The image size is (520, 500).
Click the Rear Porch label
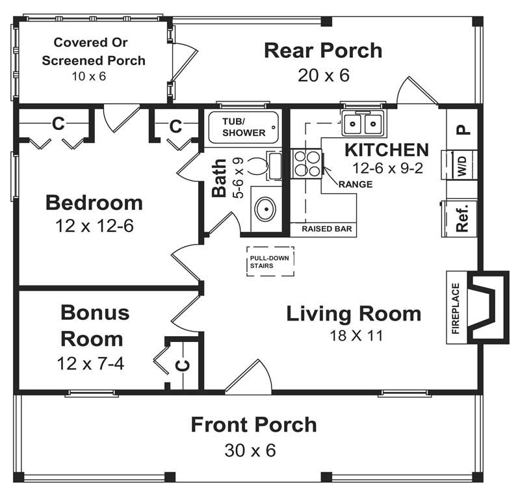pos(323,51)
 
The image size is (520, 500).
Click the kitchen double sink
pos(363,122)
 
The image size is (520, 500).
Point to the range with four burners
pos(306,163)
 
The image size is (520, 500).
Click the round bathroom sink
pos(266,209)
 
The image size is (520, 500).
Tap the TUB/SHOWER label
pos(244,127)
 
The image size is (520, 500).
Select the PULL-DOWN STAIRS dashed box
pos(269,262)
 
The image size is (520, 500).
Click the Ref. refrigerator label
pos(462,218)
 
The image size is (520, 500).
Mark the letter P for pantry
pos(462,128)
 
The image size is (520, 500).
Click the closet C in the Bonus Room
pos(184,365)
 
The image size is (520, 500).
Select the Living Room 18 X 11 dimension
pos(354,336)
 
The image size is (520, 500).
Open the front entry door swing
pos(250,377)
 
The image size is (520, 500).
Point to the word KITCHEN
pos(386,150)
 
